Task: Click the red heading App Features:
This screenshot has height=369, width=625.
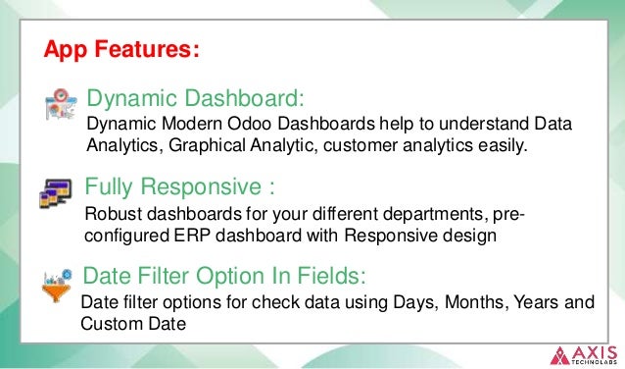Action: [x=122, y=49]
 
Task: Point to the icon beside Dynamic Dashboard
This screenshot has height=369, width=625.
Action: [x=61, y=105]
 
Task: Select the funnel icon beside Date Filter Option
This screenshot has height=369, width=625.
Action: [x=57, y=282]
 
